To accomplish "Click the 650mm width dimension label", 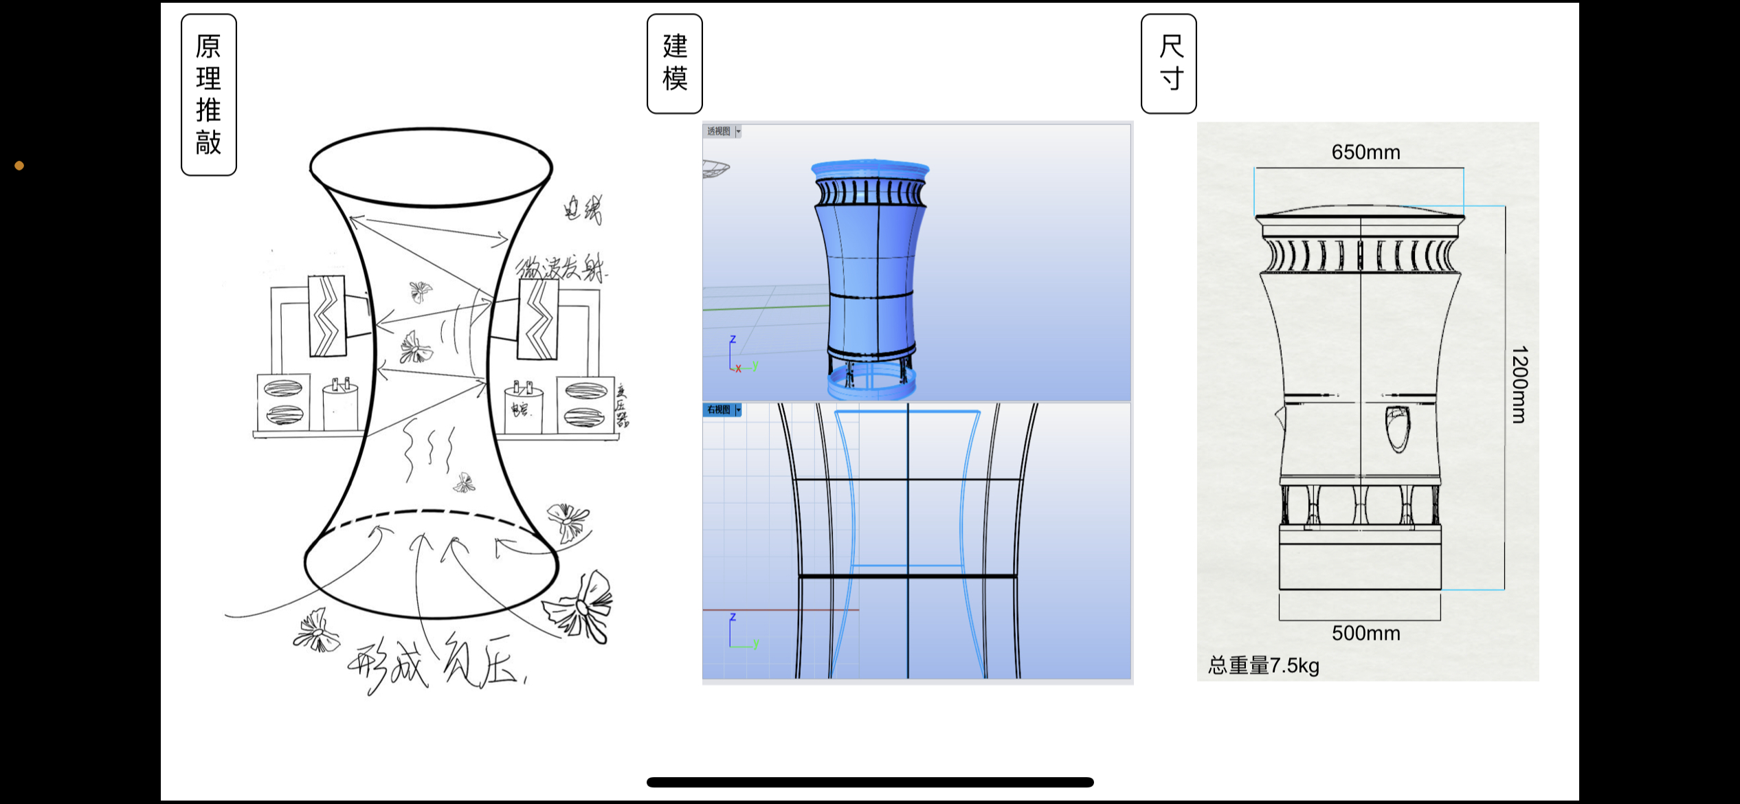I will point(1365,152).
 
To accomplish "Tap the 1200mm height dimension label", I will point(1519,384).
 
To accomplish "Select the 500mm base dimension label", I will point(1365,633).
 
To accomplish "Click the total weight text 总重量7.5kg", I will point(1263,665).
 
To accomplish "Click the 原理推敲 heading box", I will point(208,95).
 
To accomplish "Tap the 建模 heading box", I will point(674,63).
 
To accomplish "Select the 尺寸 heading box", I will point(1168,63).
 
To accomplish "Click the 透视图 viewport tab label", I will point(719,131).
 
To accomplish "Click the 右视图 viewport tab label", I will point(719,410).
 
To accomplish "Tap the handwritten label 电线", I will point(583,208).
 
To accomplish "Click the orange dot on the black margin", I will point(19,166).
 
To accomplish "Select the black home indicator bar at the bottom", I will point(869,782).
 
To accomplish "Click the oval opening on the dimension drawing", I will point(1397,429).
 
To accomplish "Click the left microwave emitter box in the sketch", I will point(326,316).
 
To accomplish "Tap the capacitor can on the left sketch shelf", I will point(340,405).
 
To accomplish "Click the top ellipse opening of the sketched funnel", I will point(431,166).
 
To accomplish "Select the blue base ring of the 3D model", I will point(871,385).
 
